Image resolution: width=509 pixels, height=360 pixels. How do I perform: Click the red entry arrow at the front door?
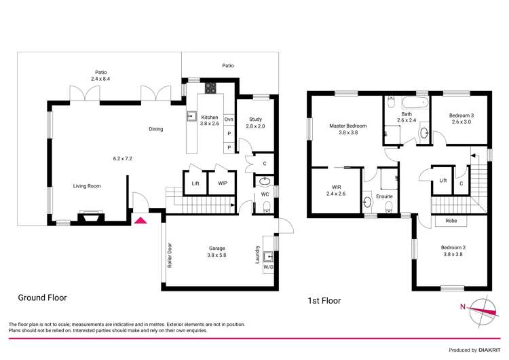141,219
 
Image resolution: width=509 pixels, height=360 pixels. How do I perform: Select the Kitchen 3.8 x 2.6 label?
210,120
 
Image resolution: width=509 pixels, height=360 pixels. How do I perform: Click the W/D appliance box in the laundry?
268,266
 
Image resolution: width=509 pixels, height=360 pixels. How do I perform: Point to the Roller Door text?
170,255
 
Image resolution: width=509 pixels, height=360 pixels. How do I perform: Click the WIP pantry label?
223,183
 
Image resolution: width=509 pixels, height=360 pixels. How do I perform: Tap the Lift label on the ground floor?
195,183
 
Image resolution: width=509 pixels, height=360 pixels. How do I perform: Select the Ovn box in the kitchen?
229,120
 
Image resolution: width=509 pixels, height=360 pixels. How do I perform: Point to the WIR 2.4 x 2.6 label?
337,190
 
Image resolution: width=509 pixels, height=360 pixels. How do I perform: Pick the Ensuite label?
385,196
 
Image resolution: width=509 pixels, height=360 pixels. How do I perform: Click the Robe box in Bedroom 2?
451,221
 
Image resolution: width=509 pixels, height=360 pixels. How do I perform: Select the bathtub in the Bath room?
414,104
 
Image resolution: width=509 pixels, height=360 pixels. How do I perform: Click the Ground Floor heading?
42,298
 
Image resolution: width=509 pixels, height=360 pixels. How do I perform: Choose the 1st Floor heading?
323,300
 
